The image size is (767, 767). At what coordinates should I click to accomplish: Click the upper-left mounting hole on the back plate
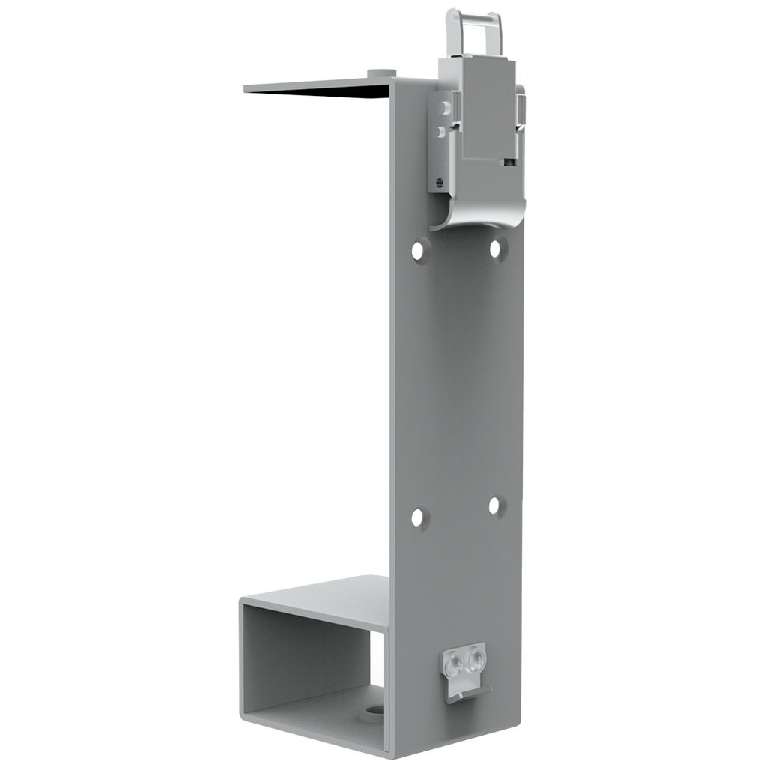[x=421, y=249]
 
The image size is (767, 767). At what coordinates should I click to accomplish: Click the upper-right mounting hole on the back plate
[x=495, y=248]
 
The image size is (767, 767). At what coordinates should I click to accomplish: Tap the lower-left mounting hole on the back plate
[x=419, y=518]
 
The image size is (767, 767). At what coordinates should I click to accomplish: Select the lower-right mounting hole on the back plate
[x=495, y=506]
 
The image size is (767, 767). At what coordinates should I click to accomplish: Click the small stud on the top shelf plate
[x=382, y=73]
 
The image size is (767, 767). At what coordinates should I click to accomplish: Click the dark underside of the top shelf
[x=330, y=92]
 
